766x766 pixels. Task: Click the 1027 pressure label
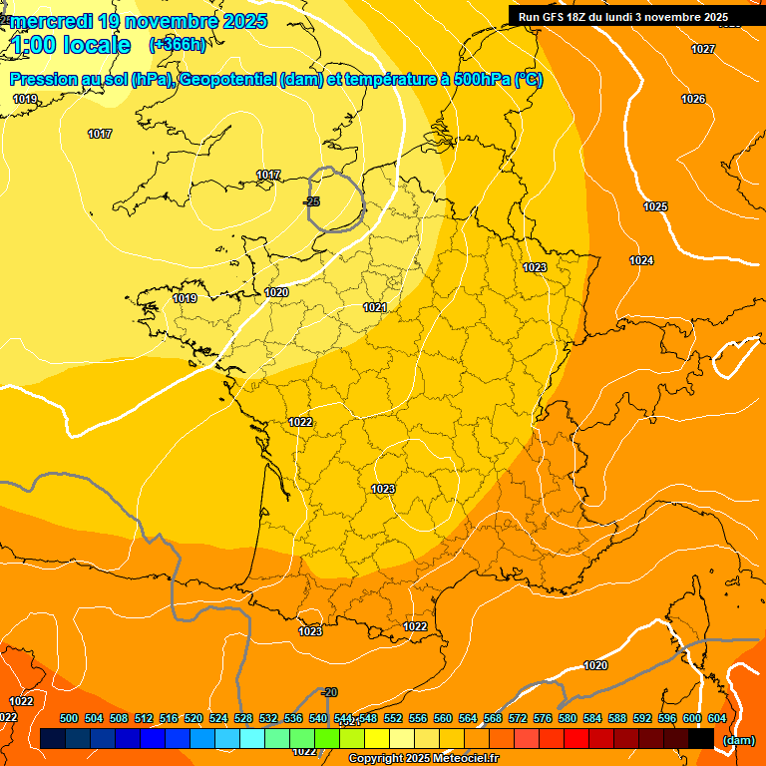[703, 49]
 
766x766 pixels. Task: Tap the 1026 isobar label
[693, 99]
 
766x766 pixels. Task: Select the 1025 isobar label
[655, 206]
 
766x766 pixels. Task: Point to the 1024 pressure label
[641, 260]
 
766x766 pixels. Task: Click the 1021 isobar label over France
[375, 308]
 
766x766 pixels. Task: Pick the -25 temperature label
[312, 202]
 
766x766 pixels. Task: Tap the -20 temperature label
[330, 692]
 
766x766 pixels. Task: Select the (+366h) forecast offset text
[178, 44]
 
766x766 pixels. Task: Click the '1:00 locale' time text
[71, 45]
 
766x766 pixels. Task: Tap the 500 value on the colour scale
[69, 718]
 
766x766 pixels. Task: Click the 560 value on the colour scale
[443, 718]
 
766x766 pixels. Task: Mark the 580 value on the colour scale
[568, 718]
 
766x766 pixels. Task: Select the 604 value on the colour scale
[717, 718]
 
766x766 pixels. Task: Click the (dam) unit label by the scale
[738, 740]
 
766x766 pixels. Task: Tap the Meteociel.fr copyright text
[424, 759]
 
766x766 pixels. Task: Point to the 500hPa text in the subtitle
[479, 80]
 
